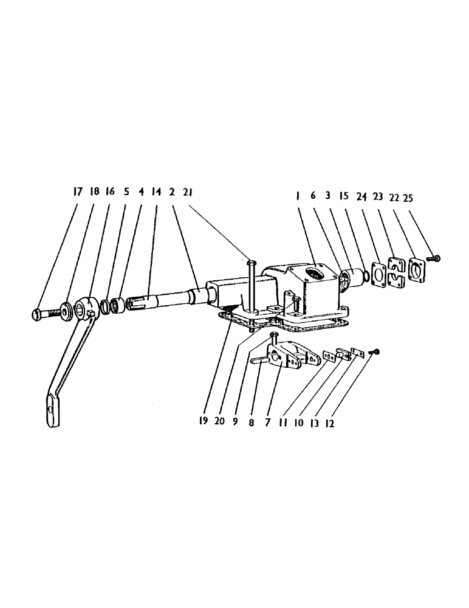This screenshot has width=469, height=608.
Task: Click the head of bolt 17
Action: pyautogui.click(x=35, y=315)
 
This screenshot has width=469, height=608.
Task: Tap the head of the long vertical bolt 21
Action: pyautogui.click(x=252, y=262)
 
